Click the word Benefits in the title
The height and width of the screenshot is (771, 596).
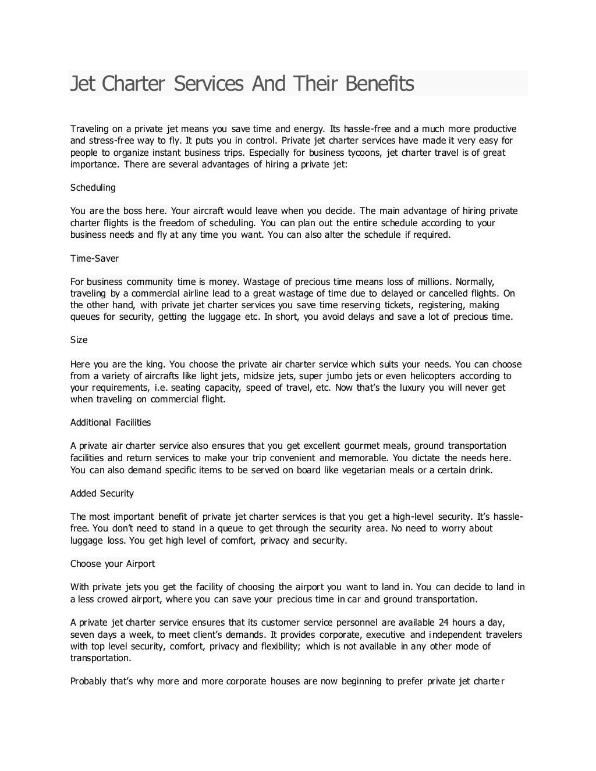379,84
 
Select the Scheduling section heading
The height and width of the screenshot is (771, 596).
93,188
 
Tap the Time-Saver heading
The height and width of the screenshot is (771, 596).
94,258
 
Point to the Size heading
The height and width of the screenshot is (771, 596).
79,340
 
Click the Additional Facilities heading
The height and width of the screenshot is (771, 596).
111,423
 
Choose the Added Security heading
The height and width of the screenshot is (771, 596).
102,494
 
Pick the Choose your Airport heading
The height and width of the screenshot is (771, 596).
112,564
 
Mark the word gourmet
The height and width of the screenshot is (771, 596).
362,446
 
